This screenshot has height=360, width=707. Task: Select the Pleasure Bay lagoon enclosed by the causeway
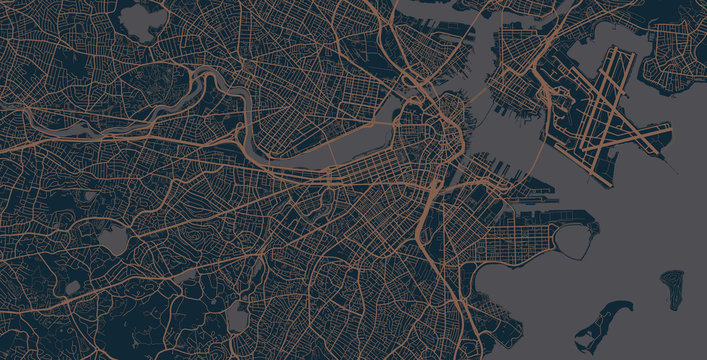tap(574, 240)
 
